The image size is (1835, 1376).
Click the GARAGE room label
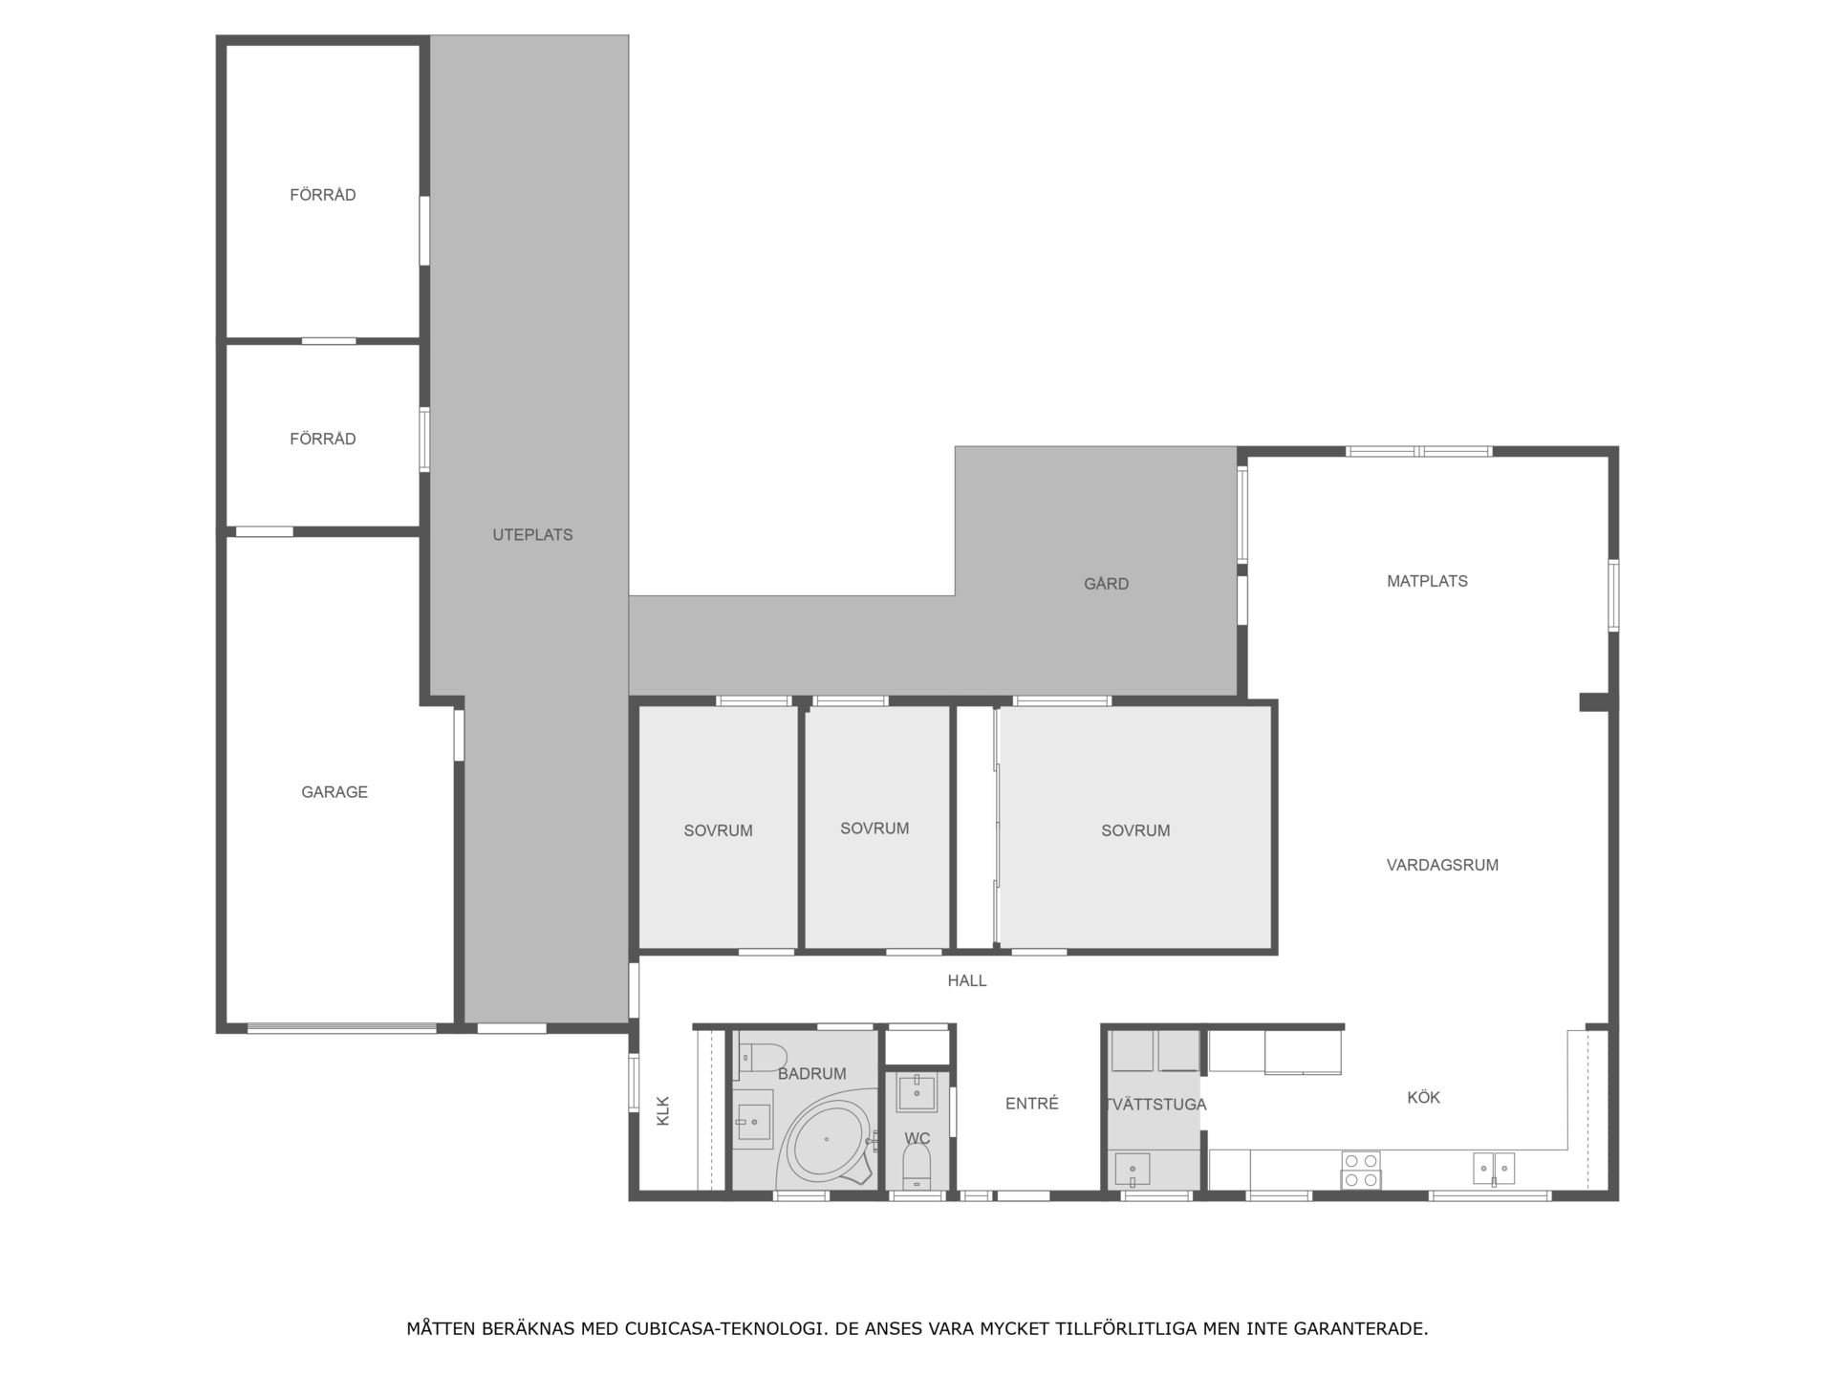click(335, 792)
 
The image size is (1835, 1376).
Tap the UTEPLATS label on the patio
click(532, 535)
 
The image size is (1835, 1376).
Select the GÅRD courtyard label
click(1106, 583)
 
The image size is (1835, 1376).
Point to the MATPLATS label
click(1427, 581)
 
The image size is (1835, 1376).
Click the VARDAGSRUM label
click(1442, 865)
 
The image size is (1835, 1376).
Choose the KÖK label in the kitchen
click(1423, 1097)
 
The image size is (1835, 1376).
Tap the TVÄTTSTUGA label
click(1155, 1105)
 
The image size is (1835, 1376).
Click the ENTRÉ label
click(1032, 1104)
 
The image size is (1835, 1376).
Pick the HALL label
click(967, 980)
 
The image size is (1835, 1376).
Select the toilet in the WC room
click(917, 1166)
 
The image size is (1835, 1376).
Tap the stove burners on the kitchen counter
click(1361, 1171)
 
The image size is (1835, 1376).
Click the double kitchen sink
click(1493, 1168)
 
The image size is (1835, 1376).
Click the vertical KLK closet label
click(663, 1110)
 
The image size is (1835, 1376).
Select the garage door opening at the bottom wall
click(341, 1028)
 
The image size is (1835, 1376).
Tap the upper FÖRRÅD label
click(323, 195)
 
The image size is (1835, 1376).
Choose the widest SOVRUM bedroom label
click(1135, 831)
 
